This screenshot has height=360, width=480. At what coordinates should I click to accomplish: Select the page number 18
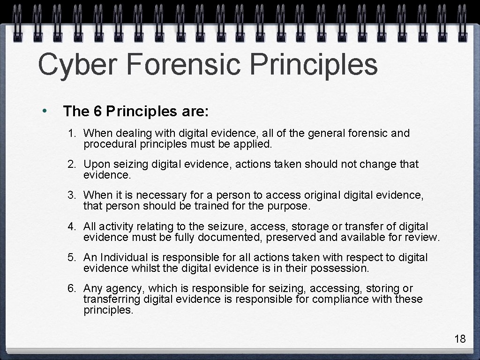(460, 339)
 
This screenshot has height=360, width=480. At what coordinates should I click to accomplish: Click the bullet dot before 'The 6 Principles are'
(43, 111)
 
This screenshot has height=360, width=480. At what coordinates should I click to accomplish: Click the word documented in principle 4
(230, 237)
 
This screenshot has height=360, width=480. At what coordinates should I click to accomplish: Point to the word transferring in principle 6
(112, 299)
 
